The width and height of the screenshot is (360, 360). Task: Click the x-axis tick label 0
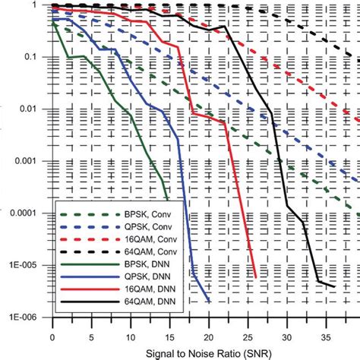pos(52,336)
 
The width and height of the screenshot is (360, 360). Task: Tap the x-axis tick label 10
pos(130,336)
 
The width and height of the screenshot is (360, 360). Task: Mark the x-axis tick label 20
pos(208,336)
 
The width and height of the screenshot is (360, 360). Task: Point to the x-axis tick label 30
pos(286,336)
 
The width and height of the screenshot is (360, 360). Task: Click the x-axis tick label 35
pos(325,336)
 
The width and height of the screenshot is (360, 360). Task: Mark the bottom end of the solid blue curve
pos(209,302)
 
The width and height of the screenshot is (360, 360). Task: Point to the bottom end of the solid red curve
pos(255,277)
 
